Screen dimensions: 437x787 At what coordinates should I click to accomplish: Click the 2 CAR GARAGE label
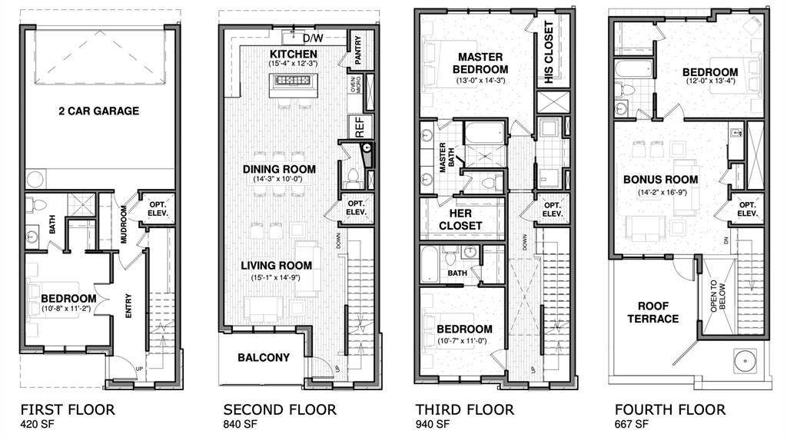tap(99, 111)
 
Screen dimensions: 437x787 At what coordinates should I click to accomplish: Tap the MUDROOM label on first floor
tap(125, 223)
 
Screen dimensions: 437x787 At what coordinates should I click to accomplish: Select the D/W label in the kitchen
tap(312, 38)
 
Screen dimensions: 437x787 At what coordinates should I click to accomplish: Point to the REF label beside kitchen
tap(357, 125)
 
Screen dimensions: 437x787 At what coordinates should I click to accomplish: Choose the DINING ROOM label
tap(279, 169)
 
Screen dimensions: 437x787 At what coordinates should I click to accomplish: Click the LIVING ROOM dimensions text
tap(269, 276)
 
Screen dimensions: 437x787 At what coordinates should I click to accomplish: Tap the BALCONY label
tap(264, 357)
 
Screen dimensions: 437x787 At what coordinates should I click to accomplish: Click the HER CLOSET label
tap(460, 219)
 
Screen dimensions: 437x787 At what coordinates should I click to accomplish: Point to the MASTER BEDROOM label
tap(480, 63)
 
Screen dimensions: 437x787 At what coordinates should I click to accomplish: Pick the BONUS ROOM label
tap(660, 179)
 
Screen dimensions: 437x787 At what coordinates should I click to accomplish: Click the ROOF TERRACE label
tap(653, 312)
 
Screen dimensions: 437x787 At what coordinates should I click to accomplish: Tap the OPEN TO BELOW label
tap(718, 295)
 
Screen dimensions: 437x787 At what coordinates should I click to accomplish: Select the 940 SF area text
tap(433, 424)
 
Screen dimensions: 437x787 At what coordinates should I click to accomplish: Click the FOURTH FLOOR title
tap(669, 409)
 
